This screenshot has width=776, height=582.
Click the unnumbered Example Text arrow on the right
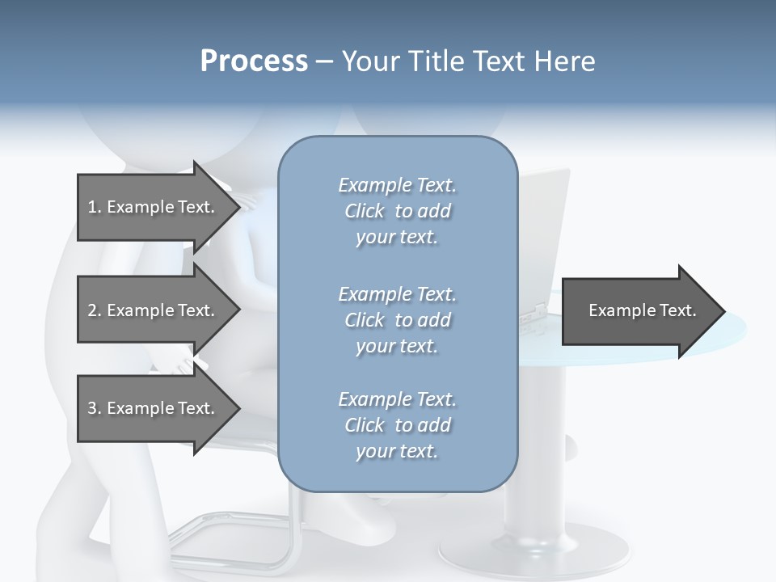[639, 310]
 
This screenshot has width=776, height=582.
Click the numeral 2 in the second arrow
[92, 310]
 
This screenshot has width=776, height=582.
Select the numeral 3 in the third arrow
[92, 408]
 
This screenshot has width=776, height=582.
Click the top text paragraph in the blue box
[397, 211]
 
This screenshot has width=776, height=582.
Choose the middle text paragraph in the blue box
[397, 320]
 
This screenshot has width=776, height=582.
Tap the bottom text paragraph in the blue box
[397, 425]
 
